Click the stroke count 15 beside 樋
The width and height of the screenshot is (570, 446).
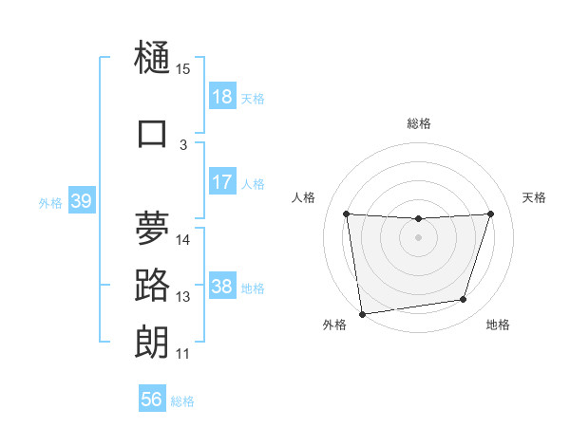[183, 69]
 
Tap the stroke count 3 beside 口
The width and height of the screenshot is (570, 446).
[183, 145]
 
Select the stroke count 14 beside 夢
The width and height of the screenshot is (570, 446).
[183, 239]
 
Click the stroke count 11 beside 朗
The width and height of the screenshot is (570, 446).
[183, 354]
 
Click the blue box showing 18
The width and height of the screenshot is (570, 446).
[222, 97]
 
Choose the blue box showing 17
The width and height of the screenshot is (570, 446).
[222, 182]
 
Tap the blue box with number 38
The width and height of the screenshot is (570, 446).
[222, 287]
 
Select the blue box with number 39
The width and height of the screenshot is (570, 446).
[82, 201]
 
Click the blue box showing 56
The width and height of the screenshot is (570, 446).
[152, 400]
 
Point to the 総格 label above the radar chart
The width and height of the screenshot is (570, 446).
[419, 123]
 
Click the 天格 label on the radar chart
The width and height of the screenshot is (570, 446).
[534, 197]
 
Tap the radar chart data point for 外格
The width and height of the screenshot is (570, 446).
[362, 313]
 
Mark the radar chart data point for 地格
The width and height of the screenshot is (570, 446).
[464, 300]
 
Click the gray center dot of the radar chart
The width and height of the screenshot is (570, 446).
[418, 237]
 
